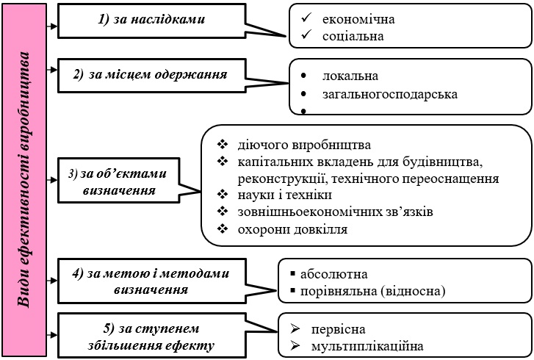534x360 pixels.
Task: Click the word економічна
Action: pyautogui.click(x=358, y=19)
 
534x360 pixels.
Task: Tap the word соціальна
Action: pyautogui.click(x=353, y=36)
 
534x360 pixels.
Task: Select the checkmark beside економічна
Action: pyautogui.click(x=306, y=18)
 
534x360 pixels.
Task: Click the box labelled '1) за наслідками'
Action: pyautogui.click(x=151, y=21)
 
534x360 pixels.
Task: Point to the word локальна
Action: pyautogui.click(x=350, y=76)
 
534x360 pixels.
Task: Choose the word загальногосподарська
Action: pyautogui.click(x=390, y=94)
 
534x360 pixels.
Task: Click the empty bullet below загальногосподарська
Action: pyautogui.click(x=303, y=111)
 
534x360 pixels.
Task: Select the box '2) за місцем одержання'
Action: pyautogui.click(x=151, y=75)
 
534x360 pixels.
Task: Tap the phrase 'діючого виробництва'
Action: pyautogui.click(x=304, y=145)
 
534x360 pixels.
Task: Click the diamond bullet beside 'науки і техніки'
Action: pyautogui.click(x=223, y=195)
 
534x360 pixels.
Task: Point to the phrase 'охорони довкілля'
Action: pyautogui.click(x=292, y=229)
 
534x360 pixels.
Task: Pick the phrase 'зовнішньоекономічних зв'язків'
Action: pyautogui.click(x=336, y=212)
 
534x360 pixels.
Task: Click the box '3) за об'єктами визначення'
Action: pyautogui.click(x=118, y=181)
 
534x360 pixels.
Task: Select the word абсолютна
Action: pyautogui.click(x=333, y=274)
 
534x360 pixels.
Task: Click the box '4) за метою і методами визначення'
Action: pyautogui.click(x=151, y=281)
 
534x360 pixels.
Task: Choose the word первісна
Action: pyautogui.click(x=338, y=329)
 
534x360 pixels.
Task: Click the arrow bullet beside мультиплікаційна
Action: pyautogui.click(x=295, y=346)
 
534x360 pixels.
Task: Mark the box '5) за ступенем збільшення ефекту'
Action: pyautogui.click(x=151, y=336)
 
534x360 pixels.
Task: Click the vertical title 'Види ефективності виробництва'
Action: pyautogui.click(x=24, y=180)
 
